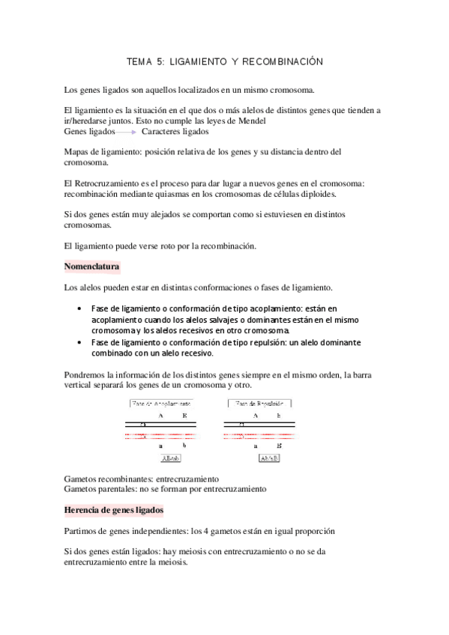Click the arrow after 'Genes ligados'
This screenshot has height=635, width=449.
pyautogui.click(x=127, y=132)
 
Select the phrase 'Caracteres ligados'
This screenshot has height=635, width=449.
pyautogui.click(x=175, y=131)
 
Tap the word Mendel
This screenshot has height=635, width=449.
pyautogui.click(x=250, y=121)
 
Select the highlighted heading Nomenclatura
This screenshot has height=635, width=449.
pyautogui.click(x=92, y=267)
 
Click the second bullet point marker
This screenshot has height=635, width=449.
pyautogui.click(x=80, y=342)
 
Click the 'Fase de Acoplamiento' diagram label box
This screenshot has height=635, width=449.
pyautogui.click(x=160, y=403)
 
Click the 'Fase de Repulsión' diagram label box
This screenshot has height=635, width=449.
pyautogui.click(x=259, y=403)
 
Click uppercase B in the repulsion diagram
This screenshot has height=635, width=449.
pyautogui.click(x=279, y=445)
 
